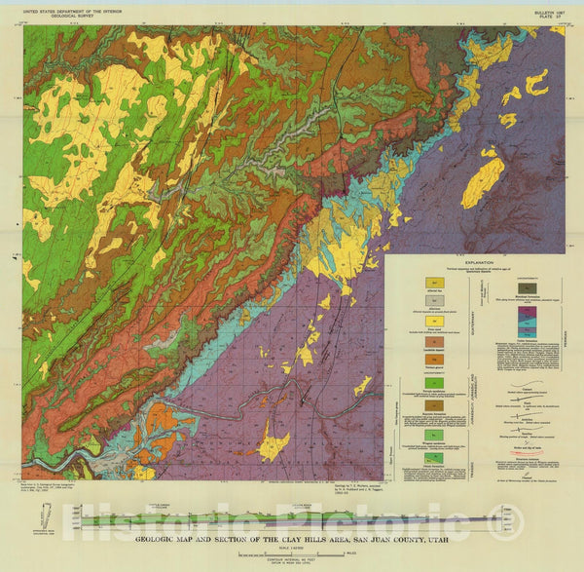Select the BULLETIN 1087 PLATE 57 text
click(x=550, y=14)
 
